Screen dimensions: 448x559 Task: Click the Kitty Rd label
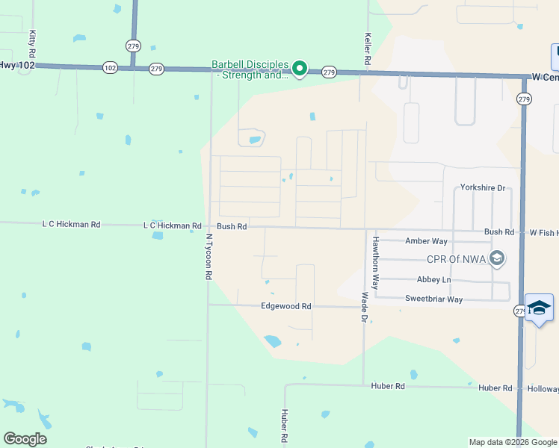point(32,44)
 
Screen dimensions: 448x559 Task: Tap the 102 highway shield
point(111,68)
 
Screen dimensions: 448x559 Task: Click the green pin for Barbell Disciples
point(300,69)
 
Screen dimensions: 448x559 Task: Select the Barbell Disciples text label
point(250,69)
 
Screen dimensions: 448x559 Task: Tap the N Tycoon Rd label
point(209,256)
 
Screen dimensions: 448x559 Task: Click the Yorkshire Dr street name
point(483,188)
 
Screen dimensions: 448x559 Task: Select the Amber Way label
point(426,241)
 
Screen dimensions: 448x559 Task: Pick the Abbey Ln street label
point(434,279)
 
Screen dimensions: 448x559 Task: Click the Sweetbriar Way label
point(434,299)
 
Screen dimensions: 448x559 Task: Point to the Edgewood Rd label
point(285,306)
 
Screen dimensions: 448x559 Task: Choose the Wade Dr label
point(365,307)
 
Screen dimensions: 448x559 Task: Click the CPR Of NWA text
point(455,259)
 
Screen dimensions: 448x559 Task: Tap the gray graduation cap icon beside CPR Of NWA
point(497,259)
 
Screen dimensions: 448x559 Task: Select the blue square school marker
point(539,308)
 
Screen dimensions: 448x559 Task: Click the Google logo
point(25,439)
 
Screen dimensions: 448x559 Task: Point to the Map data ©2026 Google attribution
point(512,442)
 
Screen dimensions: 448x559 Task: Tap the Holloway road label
point(542,388)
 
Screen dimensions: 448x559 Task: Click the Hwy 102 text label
point(13,65)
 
